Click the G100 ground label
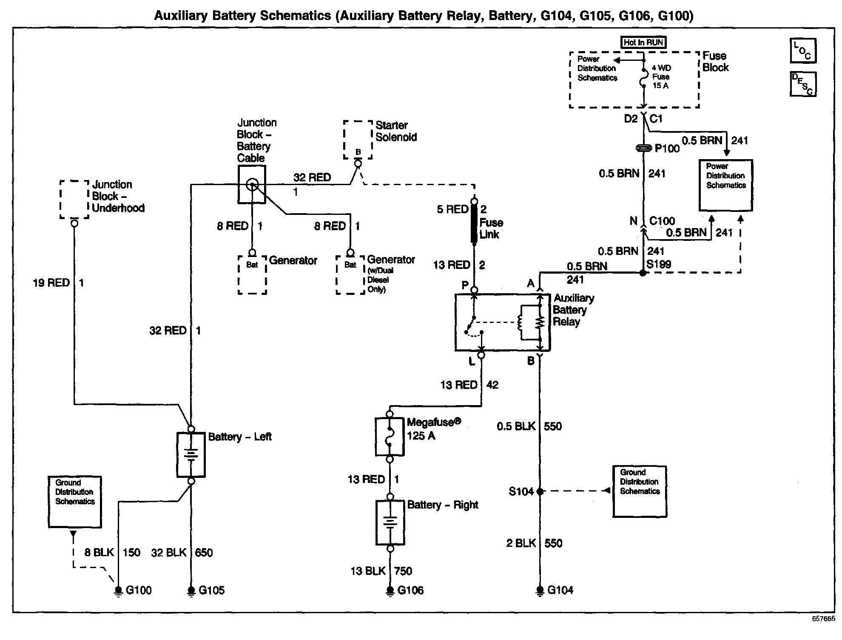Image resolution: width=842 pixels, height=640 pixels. (139, 590)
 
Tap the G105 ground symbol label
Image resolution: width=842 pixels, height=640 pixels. (211, 590)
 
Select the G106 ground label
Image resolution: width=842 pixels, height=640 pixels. (410, 590)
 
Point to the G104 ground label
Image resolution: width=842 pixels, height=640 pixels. (560, 590)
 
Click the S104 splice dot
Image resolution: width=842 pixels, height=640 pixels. (540, 491)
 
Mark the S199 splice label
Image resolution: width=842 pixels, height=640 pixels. (659, 264)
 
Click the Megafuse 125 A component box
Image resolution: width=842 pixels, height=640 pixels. (389, 437)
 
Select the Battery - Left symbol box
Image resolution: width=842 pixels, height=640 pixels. (191, 455)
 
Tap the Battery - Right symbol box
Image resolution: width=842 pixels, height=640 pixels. (390, 522)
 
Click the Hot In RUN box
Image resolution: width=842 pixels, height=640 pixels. (643, 42)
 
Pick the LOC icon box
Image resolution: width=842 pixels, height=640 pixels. (803, 50)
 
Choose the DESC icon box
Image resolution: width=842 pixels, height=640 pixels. (803, 83)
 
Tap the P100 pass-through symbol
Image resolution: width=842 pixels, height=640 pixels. (643, 148)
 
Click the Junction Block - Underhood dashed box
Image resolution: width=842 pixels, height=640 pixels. (74, 200)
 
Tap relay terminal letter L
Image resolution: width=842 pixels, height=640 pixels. (472, 362)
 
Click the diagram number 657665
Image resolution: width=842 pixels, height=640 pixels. (823, 619)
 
